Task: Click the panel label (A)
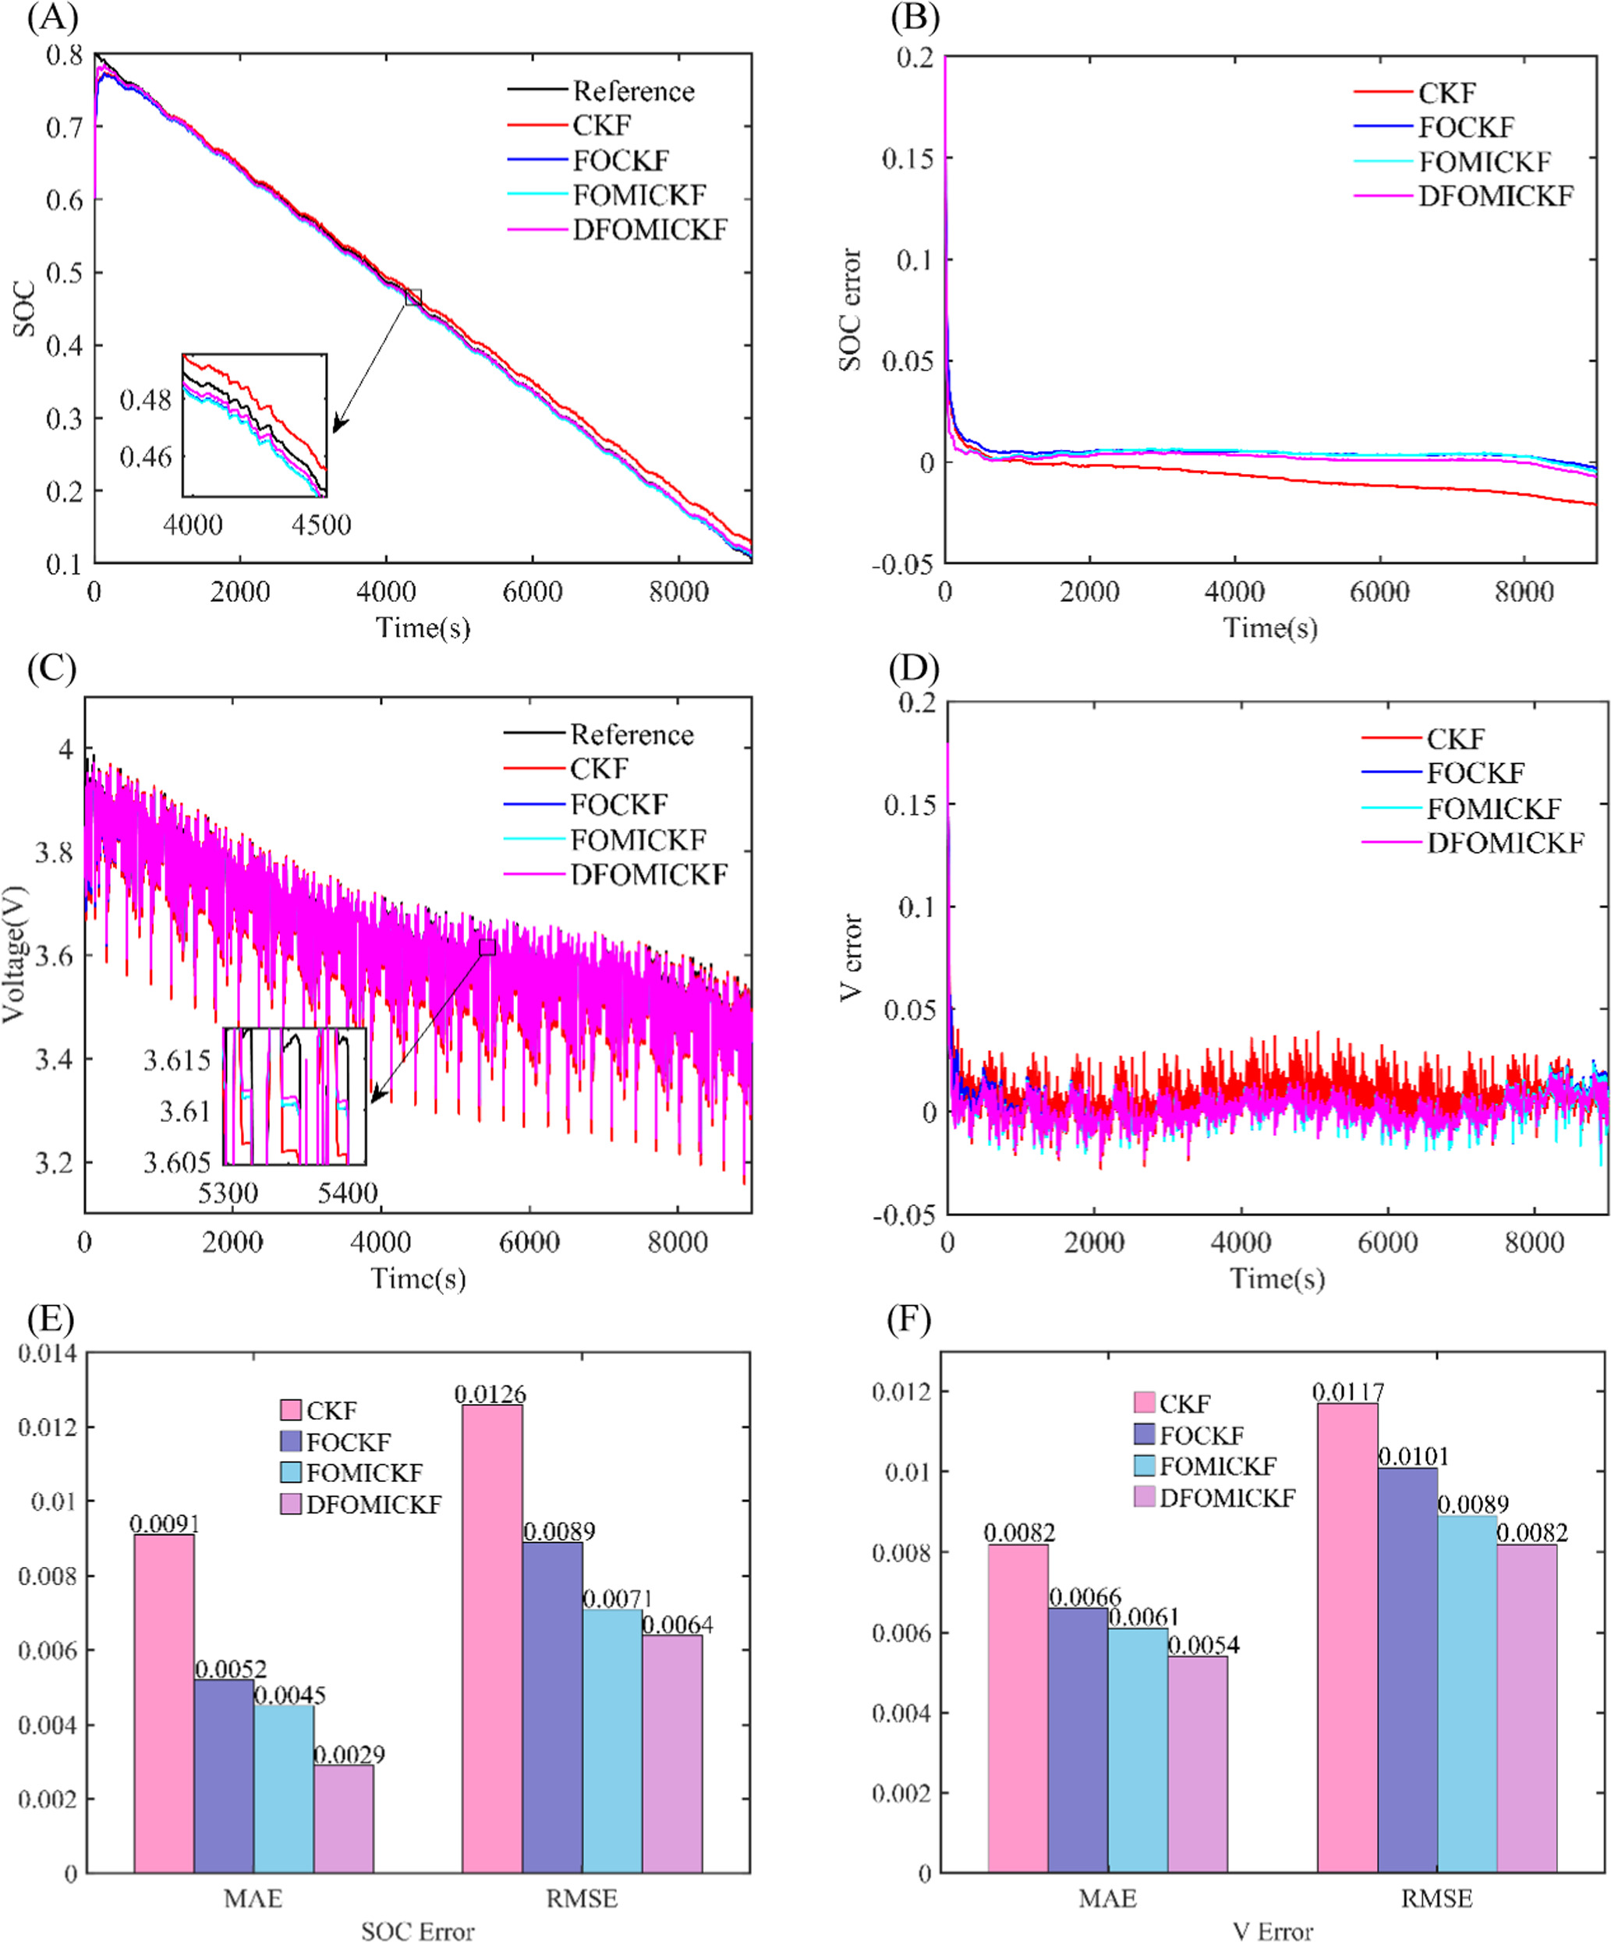coord(51,19)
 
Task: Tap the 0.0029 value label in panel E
coord(349,1754)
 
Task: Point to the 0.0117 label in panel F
coord(1347,1392)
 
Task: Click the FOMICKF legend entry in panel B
coord(1483,162)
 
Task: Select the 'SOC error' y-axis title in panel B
coord(850,310)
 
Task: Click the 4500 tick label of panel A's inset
coord(321,525)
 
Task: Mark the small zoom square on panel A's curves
coord(413,298)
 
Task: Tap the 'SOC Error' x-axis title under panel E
coord(417,1931)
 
